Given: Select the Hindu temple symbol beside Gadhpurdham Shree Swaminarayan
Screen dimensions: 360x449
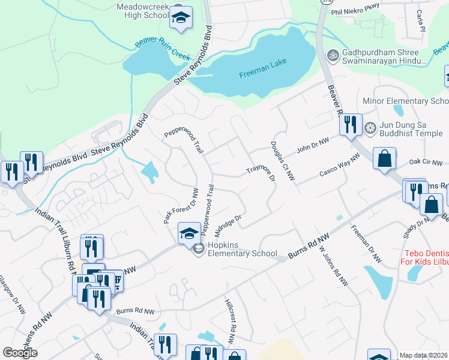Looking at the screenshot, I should coord(333,55).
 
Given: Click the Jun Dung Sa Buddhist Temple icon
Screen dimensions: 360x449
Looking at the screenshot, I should coord(370,128).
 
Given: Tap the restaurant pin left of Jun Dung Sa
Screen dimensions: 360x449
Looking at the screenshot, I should coord(350,125).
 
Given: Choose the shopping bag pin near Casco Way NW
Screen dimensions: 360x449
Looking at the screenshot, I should coord(385,160).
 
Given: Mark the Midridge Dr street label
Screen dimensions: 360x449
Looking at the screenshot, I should coord(228,226).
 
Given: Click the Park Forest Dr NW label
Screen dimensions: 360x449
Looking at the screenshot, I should coord(181,206).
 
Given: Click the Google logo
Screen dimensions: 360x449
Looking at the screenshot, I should coord(20,352).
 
